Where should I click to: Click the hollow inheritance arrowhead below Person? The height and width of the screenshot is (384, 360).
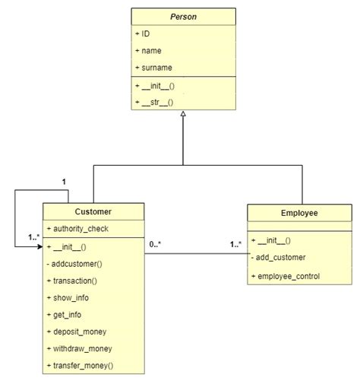click(x=183, y=114)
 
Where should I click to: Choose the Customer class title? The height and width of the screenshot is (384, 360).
click(x=93, y=211)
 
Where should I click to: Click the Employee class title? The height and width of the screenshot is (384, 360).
click(x=298, y=214)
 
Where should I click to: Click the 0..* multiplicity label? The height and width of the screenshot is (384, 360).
click(x=155, y=244)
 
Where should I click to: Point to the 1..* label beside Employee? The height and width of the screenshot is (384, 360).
click(x=237, y=244)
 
